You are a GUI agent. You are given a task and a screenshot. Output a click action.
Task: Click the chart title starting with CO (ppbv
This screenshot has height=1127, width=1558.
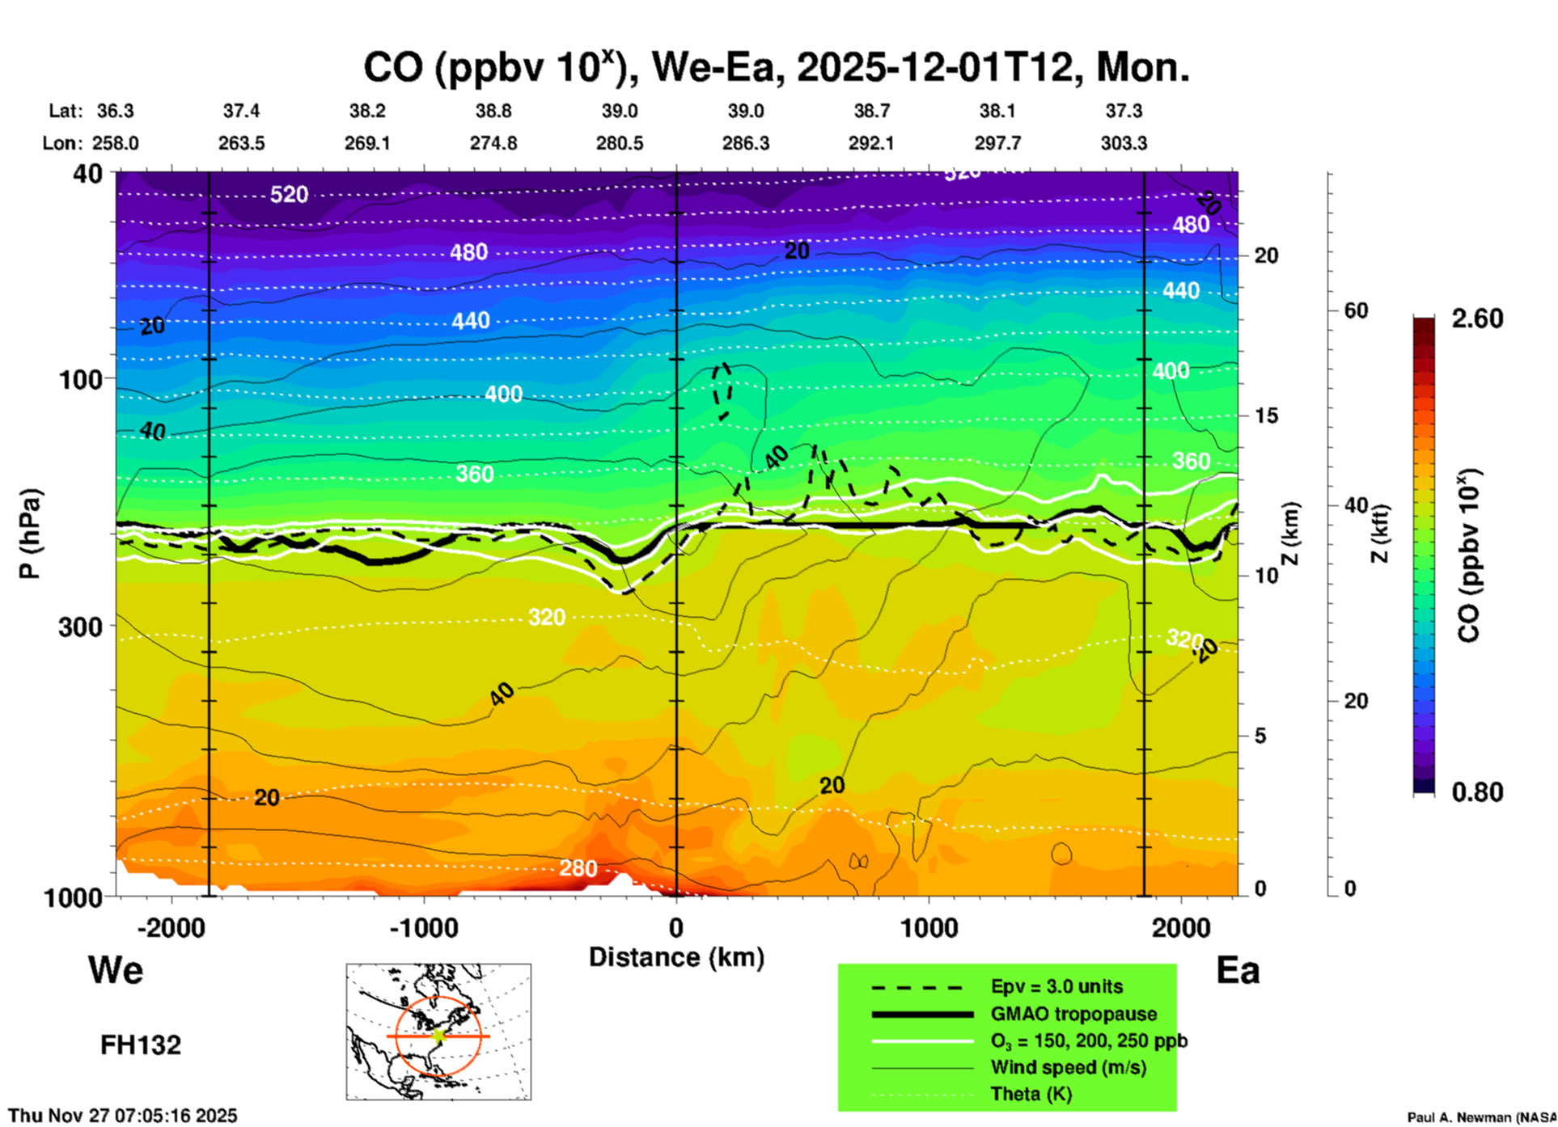coord(777,67)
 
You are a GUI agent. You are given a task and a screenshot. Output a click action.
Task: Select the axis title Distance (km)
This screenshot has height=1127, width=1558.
coord(676,957)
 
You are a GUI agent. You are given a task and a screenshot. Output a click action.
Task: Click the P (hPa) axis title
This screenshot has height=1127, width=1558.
coord(29,534)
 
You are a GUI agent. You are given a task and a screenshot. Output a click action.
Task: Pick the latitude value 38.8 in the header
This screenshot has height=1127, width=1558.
coord(493,111)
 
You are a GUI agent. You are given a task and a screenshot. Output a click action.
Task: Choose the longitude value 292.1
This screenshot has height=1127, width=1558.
coord(871,143)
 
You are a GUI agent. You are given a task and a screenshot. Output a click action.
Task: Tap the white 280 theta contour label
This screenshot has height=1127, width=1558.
coord(578,868)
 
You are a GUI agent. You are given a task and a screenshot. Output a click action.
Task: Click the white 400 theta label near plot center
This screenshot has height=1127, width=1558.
coord(503,395)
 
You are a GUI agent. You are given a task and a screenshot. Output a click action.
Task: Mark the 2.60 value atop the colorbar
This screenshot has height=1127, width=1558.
coord(1477,319)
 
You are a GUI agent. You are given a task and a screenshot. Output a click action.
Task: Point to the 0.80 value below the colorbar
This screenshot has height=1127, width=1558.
coord(1477,792)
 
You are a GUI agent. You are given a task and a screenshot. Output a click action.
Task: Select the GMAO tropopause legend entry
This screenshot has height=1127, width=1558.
coord(1073,1014)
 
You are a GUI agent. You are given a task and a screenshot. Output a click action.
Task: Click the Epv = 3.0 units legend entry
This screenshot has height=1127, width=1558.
coord(1056,987)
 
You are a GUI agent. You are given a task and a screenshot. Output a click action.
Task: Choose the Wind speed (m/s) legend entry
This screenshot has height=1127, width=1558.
coord(1068,1067)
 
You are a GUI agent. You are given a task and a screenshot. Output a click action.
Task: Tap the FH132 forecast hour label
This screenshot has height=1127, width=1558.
coord(141,1045)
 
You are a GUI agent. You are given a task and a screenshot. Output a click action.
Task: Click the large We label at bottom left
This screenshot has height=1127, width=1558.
coord(116,970)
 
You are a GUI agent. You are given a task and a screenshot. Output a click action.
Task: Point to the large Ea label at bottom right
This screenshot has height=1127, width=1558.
coord(1238,971)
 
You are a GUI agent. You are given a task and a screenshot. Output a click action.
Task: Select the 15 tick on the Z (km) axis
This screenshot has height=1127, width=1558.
coord(1266,416)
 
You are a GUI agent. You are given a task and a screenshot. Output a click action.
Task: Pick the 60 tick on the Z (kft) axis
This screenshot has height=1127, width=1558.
coord(1356,310)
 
